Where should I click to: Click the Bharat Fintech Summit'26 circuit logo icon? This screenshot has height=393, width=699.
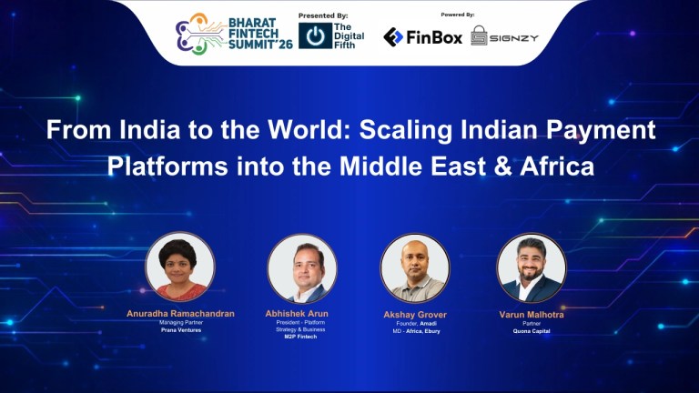point(194,35)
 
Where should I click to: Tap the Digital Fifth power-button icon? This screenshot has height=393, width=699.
point(315,36)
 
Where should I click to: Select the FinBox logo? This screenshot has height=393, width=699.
point(422,36)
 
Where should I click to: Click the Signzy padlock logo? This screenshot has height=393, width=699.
point(479,36)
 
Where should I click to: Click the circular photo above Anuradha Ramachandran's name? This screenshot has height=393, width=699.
point(180,267)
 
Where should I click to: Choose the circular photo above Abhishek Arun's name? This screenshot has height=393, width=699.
point(302,267)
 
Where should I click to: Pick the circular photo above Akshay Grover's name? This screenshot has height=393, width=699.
point(415,267)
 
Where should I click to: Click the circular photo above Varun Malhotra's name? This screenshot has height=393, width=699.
point(531,267)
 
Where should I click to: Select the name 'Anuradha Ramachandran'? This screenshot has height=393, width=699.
point(180,314)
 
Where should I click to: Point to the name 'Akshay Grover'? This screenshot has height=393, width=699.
point(415,315)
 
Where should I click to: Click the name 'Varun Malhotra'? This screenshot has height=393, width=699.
point(531,314)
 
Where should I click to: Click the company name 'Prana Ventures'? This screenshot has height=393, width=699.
point(180,331)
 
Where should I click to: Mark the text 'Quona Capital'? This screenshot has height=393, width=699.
point(531,331)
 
